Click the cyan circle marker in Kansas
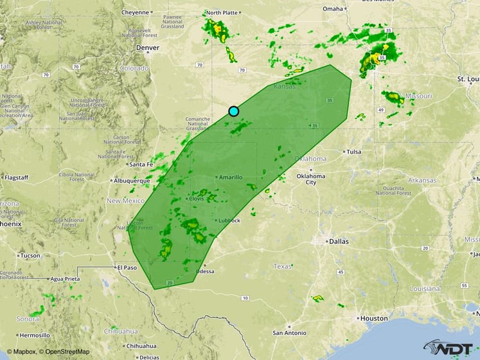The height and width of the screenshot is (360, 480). click(x=233, y=111)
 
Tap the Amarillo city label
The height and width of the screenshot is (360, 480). click(x=230, y=177)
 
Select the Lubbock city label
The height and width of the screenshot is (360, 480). click(x=229, y=221)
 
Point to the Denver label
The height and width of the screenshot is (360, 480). click(x=147, y=48)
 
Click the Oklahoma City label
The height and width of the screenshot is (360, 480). click(x=310, y=179)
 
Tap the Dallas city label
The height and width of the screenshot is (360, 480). click(x=338, y=241)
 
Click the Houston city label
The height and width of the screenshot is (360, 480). click(x=374, y=318)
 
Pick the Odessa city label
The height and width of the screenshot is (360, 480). click(x=205, y=271)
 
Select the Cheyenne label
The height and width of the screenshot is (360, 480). click(x=135, y=12)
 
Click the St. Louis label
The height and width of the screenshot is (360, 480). click(x=469, y=78)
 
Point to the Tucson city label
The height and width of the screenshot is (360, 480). click(x=30, y=255)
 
